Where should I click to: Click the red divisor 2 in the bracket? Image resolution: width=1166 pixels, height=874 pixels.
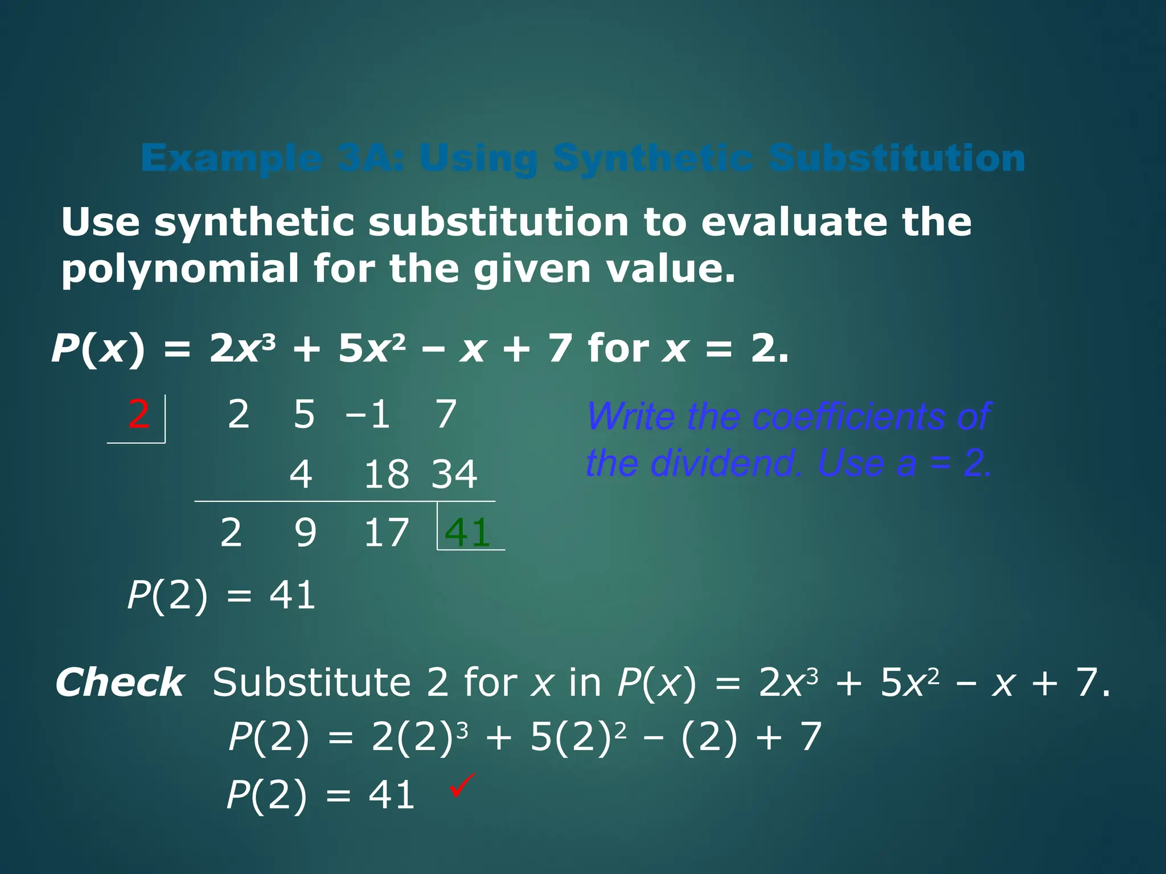point(139,414)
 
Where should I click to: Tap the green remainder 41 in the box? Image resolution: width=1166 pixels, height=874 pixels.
point(467,533)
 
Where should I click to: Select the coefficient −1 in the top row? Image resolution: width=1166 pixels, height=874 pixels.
point(368,414)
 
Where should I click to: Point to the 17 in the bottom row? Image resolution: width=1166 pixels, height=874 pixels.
point(386,533)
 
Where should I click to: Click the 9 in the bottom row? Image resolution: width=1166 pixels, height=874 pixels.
point(305,533)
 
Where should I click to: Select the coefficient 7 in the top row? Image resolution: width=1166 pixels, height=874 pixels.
point(446,414)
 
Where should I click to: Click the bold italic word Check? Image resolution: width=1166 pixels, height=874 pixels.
point(120,682)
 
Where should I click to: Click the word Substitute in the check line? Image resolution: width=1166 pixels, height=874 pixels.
point(311,682)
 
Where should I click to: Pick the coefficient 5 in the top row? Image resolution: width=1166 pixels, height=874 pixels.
point(304,414)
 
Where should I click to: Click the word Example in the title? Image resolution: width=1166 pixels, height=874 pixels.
point(231,158)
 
